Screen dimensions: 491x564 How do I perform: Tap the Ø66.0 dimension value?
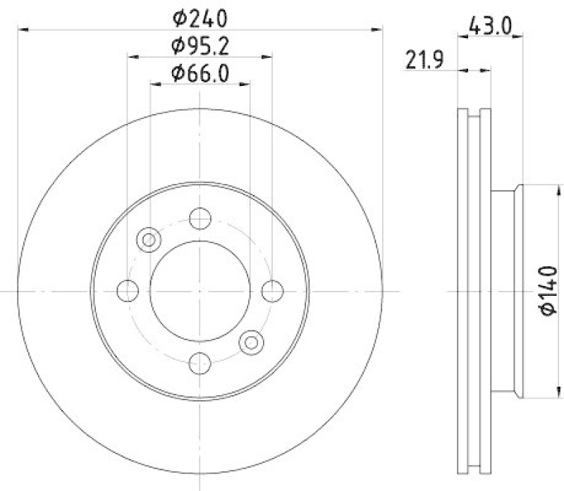200,72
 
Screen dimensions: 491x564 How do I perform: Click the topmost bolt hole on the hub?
200,218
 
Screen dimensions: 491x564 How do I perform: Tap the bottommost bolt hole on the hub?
200,362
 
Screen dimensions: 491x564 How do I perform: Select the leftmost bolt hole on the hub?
128,290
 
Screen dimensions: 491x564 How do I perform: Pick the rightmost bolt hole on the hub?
272,290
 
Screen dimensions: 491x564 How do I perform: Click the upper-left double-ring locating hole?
149,240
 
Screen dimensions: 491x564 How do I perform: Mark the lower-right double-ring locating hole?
251,342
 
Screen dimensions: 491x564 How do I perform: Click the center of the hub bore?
200,290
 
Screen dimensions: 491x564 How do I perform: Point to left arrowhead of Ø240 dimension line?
21,30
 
